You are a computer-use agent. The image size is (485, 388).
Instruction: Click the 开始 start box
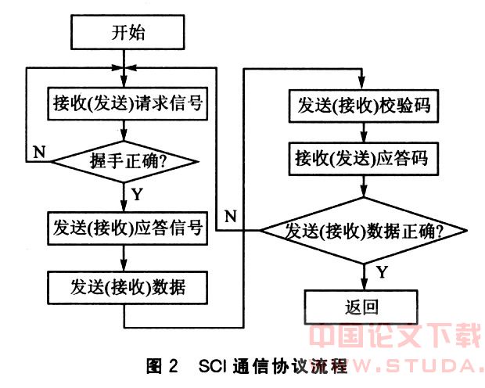point(128,33)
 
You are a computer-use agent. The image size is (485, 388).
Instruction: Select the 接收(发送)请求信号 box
point(128,103)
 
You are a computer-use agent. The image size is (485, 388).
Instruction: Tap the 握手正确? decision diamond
point(127,162)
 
